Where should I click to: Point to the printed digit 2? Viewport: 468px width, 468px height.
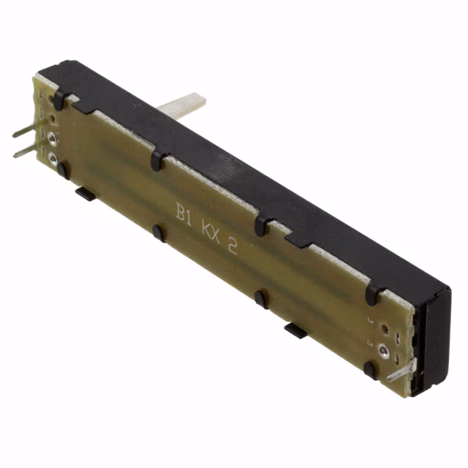(233, 247)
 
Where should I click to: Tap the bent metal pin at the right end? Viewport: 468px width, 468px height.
(400, 372)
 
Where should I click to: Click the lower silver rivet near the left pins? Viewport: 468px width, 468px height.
(53, 156)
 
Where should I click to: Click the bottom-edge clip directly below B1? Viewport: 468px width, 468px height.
(158, 233)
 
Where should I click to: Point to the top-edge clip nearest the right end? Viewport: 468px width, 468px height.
(372, 294)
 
